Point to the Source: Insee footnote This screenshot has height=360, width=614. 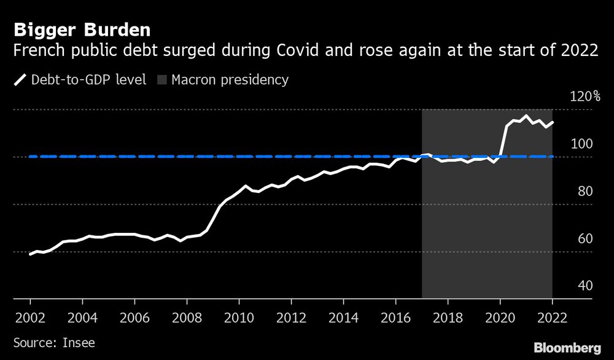pyautogui.click(x=54, y=342)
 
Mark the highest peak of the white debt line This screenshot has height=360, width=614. pyautogui.click(x=526, y=115)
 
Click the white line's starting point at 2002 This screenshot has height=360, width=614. pyautogui.click(x=30, y=254)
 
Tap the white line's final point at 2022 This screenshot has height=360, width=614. pyautogui.click(x=553, y=122)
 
